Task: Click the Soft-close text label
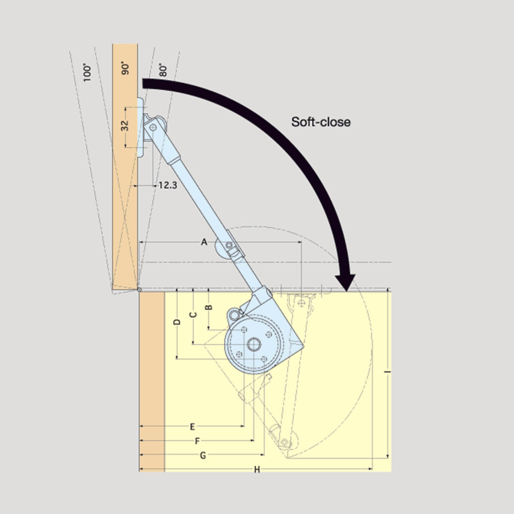320,122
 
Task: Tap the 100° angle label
87,72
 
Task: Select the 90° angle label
125,69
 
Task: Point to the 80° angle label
163,70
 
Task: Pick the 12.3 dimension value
168,185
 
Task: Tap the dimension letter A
204,242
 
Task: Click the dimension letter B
209,307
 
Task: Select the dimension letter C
193,315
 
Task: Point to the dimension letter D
177,322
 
